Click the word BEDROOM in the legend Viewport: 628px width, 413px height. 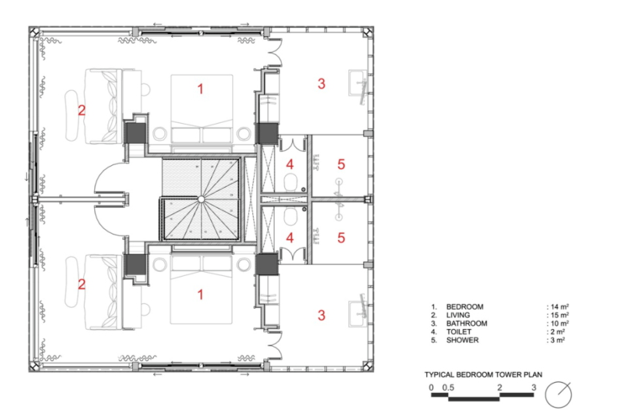tap(464, 307)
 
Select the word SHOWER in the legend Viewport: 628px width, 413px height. tap(462, 340)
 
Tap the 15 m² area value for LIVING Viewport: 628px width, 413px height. tap(559, 315)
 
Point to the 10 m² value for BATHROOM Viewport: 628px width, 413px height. tap(559, 323)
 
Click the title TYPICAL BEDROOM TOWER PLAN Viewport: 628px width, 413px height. tap(483, 374)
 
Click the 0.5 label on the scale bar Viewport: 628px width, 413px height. tap(448, 387)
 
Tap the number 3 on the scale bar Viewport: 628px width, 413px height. tap(534, 387)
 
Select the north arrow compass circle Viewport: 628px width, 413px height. tap(559, 395)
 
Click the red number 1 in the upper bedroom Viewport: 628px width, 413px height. tap(200, 88)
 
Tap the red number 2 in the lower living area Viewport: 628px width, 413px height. tap(81, 284)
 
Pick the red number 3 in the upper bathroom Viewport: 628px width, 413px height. tap(322, 83)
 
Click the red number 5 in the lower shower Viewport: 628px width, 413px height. tap(341, 238)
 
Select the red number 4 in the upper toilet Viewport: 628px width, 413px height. tap(289, 164)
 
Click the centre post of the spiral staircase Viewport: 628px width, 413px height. tap(201, 199)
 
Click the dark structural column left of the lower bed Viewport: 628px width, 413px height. tap(136, 265)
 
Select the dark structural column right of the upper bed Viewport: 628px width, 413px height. tap(267, 134)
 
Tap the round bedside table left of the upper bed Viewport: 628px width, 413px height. tap(159, 134)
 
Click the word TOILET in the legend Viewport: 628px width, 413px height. tap(458, 332)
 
